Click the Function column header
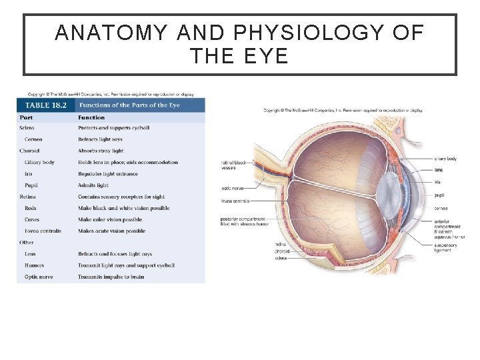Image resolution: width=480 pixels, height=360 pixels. coord(91,117)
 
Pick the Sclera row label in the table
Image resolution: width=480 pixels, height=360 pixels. coord(27,128)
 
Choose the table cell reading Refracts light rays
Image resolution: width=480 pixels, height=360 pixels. coord(101,139)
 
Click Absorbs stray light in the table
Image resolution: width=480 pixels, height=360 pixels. coord(101,151)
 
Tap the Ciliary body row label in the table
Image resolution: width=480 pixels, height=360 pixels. coord(39,162)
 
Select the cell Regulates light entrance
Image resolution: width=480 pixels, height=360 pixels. coord(108,174)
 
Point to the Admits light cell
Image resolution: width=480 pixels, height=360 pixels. coord(93,185)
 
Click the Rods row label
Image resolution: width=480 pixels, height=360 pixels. coord(31,208)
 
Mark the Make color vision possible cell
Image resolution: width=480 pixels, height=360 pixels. coord(110,219)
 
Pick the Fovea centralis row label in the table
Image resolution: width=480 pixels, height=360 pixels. coord(43,231)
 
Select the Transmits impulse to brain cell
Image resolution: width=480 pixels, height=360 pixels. coord(111,277)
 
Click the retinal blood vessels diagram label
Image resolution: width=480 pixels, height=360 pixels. coord(233,165)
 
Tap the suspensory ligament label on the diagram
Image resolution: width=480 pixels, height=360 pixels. coord(445,247)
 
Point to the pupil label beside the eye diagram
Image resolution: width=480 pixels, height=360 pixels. coord(439,196)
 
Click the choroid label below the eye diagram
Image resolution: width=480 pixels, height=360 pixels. coord(282,251)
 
